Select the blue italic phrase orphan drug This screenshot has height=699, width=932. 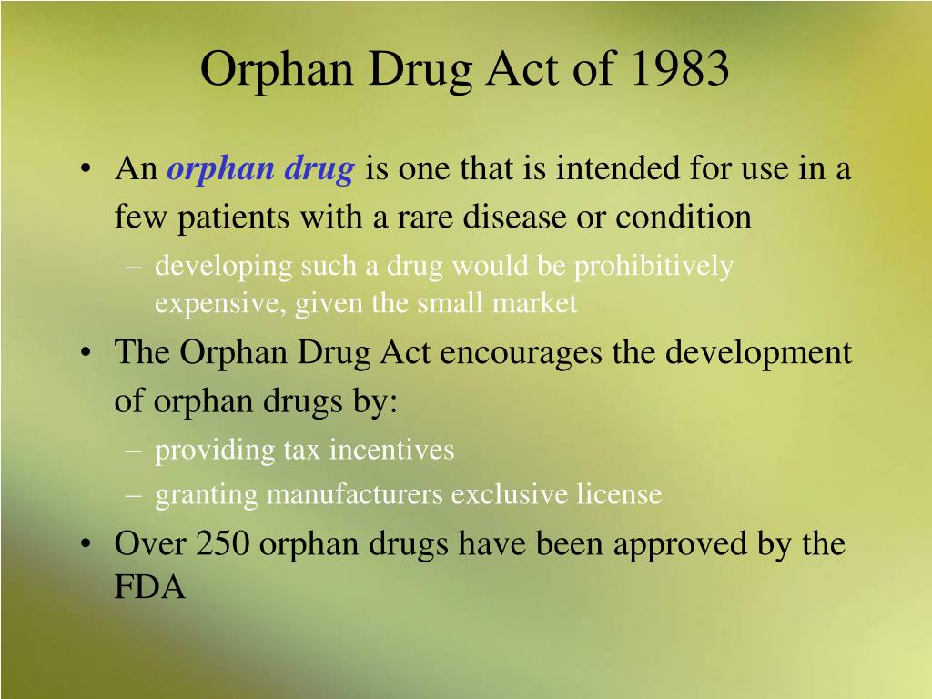pos(261,169)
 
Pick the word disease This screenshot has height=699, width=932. pos(515,216)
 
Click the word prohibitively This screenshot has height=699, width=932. pos(653,267)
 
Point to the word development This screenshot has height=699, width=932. pos(758,352)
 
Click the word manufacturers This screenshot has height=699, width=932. pos(355,494)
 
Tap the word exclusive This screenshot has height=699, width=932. pos(510,493)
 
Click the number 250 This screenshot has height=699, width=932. pos(222,543)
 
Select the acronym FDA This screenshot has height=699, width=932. pos(150,587)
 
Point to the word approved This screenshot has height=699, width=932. pos(679,546)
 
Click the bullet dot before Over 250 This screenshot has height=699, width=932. pos(86,544)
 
